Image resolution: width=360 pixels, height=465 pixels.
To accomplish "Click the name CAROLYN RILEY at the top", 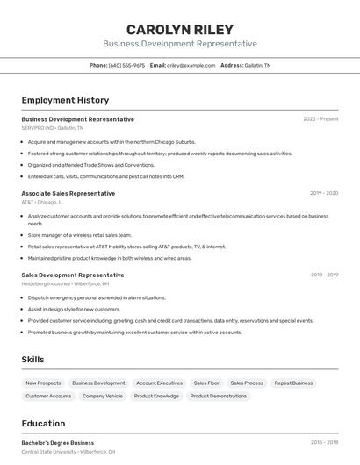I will click(x=179, y=30).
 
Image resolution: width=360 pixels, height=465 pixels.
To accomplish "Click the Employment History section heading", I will click(x=65, y=100).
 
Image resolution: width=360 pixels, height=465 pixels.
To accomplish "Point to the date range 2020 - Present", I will click(x=320, y=119).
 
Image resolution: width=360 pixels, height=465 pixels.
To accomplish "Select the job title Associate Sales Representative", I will click(x=68, y=193).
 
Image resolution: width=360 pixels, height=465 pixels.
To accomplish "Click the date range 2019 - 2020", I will click(x=323, y=193).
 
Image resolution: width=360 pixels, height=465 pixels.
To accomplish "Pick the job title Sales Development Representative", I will click(x=73, y=275).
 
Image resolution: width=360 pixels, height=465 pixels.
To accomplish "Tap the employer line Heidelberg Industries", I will click(x=65, y=283).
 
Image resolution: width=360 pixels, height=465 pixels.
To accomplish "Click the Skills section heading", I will click(x=32, y=360).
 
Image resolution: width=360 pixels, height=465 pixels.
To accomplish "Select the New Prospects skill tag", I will click(x=43, y=383).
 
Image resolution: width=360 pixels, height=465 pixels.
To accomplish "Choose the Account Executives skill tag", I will click(x=159, y=383).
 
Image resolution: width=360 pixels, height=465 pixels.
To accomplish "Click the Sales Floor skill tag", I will click(x=206, y=383).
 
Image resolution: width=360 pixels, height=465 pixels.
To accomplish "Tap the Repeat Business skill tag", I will click(x=293, y=383).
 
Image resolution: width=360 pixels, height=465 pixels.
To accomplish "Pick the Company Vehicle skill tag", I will click(x=103, y=397).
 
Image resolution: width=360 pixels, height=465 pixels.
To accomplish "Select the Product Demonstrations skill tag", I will click(x=219, y=397).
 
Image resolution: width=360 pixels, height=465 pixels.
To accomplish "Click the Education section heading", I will click(x=43, y=424).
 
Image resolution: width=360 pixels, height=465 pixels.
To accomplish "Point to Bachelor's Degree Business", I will click(x=58, y=443).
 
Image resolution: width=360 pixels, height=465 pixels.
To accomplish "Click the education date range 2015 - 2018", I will click(x=323, y=443).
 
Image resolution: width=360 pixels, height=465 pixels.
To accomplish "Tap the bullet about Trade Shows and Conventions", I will click(x=90, y=164).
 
